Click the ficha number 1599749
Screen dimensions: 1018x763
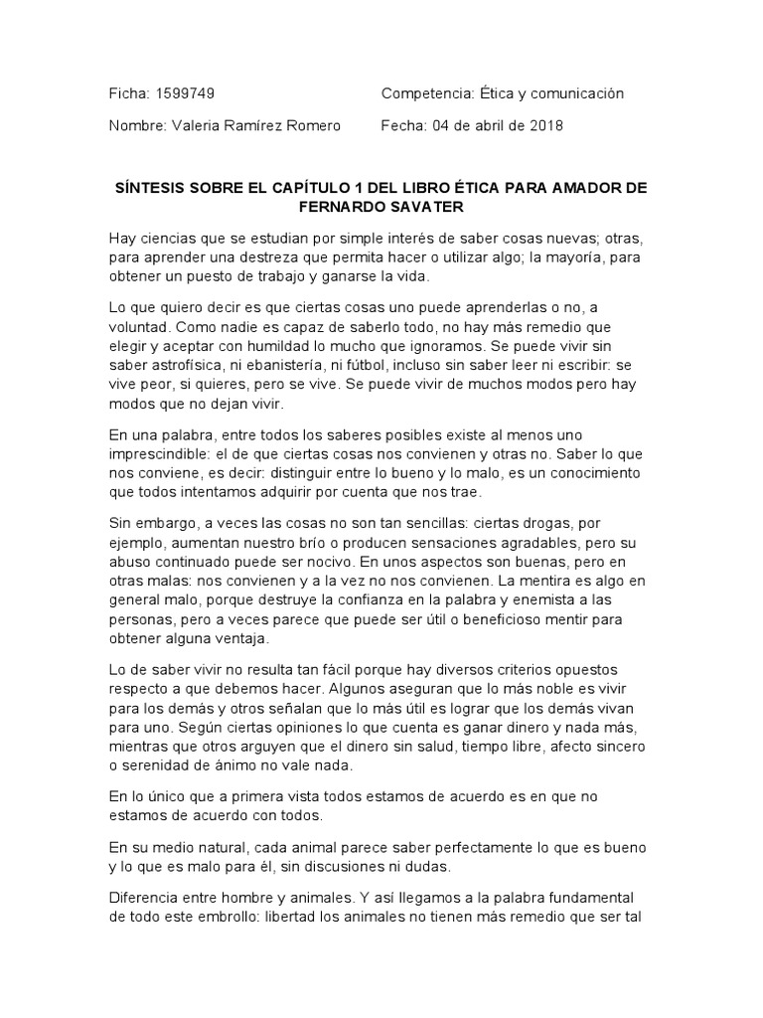coord(186,93)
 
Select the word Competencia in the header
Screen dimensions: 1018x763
coord(424,93)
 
